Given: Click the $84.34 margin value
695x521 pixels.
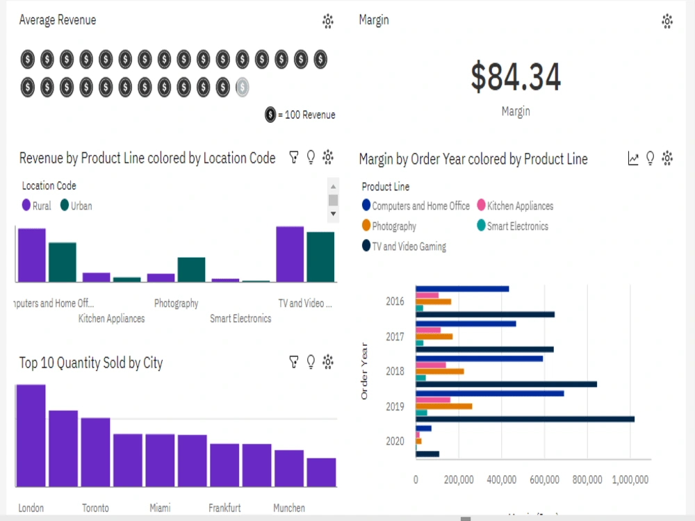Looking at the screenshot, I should point(515,77).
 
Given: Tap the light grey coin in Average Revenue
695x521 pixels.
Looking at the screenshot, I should point(242,87).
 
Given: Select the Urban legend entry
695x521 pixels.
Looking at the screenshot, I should point(76,206).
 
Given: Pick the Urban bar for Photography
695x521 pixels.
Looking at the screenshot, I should point(191,270).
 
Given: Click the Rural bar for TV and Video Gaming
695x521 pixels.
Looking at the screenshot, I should point(290,254).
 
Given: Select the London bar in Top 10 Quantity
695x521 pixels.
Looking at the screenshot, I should point(31,436).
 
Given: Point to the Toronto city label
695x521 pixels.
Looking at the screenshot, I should point(95,508).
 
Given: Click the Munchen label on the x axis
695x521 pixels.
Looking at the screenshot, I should point(288,508).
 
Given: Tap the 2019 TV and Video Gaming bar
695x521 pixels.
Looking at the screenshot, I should point(525,419).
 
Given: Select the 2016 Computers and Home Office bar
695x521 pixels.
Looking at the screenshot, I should point(462,289).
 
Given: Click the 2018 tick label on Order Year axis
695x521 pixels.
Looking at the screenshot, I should point(395,371).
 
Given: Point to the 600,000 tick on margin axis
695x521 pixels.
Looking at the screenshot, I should point(545,479).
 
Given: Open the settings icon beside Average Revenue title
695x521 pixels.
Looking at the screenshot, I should point(328,21).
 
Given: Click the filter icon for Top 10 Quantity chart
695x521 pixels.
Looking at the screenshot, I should point(294,362).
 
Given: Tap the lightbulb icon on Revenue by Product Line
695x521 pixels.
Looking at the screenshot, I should point(311,158).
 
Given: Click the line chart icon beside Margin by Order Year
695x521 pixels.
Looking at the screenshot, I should point(633,159).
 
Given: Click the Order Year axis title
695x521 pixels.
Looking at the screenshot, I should point(365,372).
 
